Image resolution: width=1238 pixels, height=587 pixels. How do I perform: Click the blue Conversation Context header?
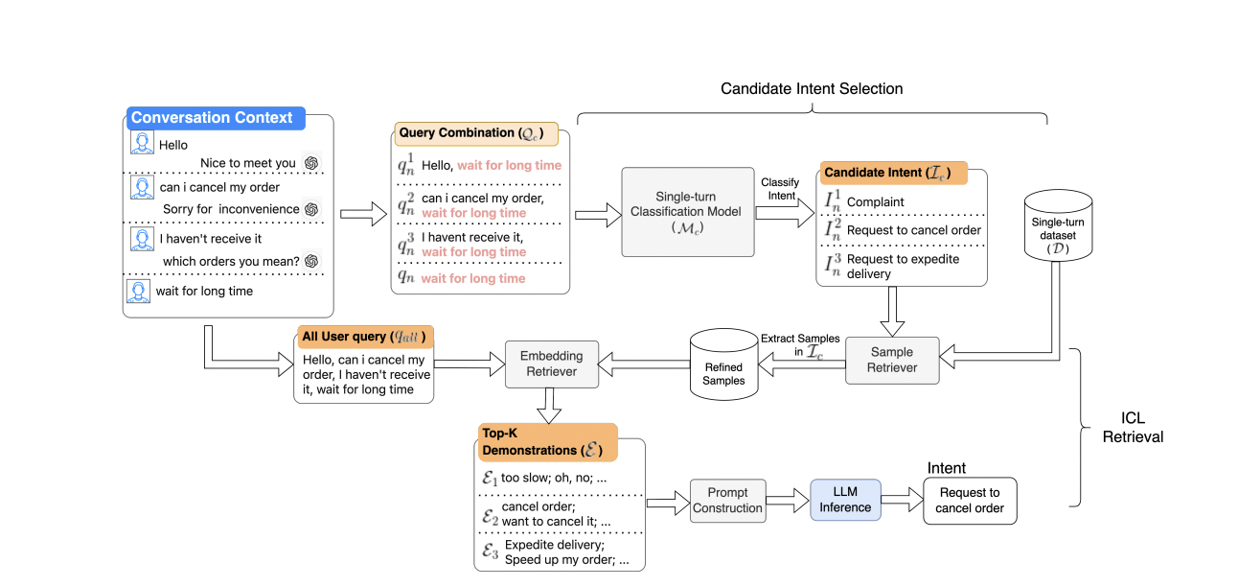213,118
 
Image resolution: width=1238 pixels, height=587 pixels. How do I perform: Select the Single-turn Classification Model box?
685,212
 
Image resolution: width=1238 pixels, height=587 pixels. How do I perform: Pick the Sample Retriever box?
892,360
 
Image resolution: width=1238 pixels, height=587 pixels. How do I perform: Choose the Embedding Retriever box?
551,364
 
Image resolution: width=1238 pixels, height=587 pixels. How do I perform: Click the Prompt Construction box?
727,500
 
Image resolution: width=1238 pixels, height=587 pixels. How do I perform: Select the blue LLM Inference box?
845,500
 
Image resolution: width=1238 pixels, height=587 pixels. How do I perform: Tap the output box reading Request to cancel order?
969,500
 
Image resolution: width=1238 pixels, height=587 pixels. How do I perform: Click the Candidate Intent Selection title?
812,89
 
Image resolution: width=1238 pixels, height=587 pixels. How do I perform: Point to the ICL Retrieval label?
1133,428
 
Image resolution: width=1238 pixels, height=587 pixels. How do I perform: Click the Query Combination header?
461,133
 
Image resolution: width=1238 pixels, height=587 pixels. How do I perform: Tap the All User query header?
363,337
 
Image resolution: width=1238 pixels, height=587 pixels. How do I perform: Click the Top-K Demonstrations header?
545,441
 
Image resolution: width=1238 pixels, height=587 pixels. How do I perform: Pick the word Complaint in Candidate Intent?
875,202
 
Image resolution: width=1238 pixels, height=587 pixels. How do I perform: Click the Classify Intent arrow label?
780,189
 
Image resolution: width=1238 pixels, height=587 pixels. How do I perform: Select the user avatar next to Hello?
142,144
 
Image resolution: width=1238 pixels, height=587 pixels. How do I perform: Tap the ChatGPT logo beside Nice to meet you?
310,163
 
